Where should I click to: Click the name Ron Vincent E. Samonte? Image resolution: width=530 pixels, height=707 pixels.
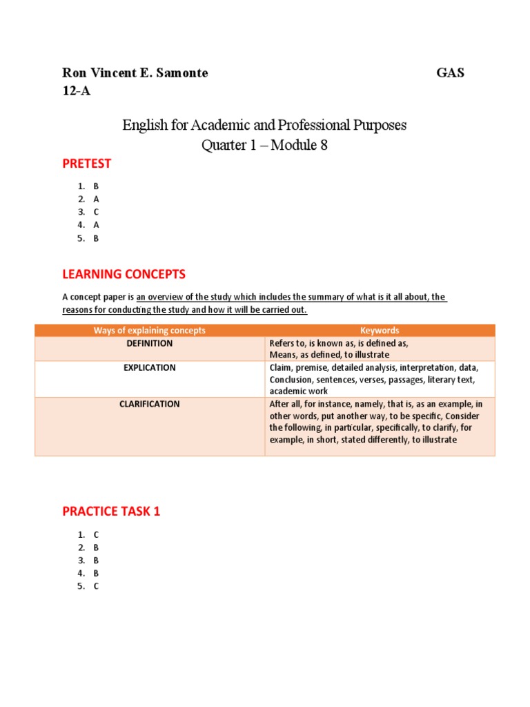tap(135, 73)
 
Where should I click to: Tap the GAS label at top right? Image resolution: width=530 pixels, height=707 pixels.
tap(450, 73)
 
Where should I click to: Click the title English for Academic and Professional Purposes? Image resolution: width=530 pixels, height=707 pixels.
tap(264, 126)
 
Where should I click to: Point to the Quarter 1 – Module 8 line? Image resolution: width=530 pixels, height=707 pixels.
tap(264, 146)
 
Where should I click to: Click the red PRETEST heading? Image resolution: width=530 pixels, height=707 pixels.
tap(86, 164)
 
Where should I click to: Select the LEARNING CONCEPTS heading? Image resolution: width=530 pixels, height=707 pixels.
tap(124, 274)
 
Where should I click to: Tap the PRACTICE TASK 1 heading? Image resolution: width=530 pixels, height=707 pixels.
tap(111, 512)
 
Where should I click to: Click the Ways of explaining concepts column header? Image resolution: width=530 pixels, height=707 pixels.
tap(150, 331)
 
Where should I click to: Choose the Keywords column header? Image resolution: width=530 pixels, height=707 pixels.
tap(380, 331)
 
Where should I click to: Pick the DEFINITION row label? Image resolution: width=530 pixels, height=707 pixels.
tap(150, 343)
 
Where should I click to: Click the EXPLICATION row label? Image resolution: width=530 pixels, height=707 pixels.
tap(150, 368)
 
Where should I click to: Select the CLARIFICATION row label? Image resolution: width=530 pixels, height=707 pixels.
tap(150, 404)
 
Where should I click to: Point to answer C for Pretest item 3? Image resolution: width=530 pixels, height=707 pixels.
tap(97, 212)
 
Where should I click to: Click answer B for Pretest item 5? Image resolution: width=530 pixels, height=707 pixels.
tap(97, 238)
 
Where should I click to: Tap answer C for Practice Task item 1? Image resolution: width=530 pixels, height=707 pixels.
tap(97, 534)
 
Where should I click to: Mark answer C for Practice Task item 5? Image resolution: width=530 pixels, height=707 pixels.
tap(97, 586)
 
